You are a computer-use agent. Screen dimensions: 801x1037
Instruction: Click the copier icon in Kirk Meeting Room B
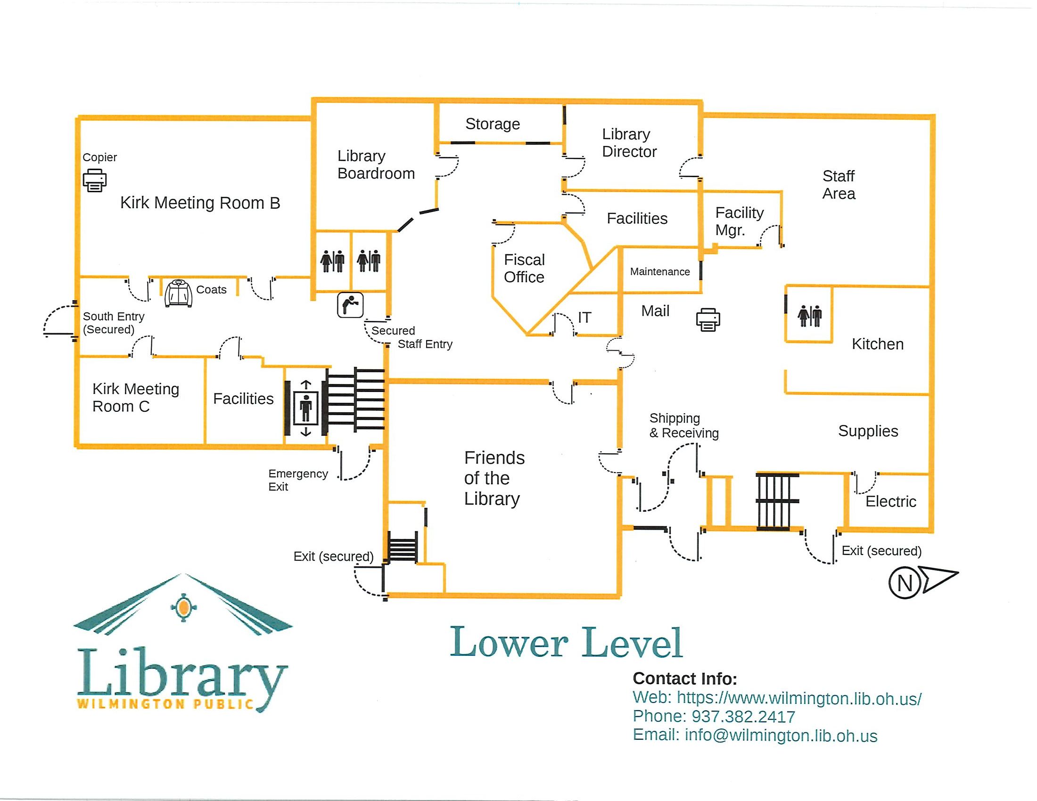point(95,180)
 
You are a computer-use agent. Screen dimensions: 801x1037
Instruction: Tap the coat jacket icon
point(179,293)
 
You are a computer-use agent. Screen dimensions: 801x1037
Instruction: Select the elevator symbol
point(306,408)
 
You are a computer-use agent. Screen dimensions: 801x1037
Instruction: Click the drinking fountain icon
point(350,305)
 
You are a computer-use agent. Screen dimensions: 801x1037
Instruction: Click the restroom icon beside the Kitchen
point(809,316)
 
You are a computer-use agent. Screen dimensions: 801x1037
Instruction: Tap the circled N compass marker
point(905,582)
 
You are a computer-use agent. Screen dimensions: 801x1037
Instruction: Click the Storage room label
point(493,124)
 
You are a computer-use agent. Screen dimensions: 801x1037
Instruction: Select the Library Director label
point(629,143)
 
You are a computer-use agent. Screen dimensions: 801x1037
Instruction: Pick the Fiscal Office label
point(524,268)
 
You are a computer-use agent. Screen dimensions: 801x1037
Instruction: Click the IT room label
point(584,318)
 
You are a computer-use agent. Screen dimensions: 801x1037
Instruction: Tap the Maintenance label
point(659,272)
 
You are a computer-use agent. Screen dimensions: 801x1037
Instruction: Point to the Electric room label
point(890,502)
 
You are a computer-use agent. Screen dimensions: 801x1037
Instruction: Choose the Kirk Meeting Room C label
point(136,398)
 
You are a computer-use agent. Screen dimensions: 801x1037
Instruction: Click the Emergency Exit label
point(298,480)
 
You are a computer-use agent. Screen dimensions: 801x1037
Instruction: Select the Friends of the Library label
point(494,478)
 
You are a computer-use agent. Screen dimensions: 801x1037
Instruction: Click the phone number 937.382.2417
point(743,717)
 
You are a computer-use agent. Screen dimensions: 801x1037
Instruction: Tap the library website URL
point(798,698)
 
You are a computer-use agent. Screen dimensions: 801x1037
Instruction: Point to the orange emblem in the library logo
point(183,607)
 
